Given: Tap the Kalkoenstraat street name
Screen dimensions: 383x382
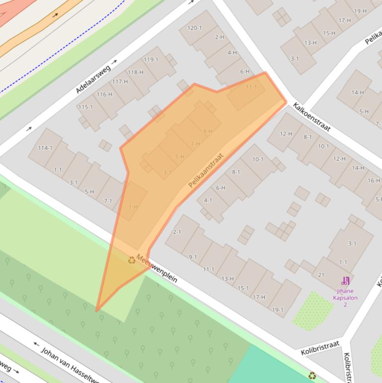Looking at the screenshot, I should coord(311,117).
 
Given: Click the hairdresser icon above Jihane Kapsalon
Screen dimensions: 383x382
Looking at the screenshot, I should coord(345,282).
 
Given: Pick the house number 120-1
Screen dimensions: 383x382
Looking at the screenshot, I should coord(195,28).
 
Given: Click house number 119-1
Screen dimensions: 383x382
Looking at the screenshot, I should coord(151,60).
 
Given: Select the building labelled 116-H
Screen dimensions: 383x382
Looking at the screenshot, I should coord(104,94).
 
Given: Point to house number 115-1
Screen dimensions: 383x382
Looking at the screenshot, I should coord(85,107).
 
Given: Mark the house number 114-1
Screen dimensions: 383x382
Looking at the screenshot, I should coord(45,148).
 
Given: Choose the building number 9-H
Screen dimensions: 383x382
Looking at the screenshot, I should coord(208,131).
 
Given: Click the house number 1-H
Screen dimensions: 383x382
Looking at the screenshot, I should coord(133,207).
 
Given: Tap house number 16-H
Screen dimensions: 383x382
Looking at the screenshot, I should coord(374,181).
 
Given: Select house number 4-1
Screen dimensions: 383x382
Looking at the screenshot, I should coord(208,200).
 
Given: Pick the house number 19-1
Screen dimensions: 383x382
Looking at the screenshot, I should coord(278,310).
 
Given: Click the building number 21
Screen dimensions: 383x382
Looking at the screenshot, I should coord(321,275).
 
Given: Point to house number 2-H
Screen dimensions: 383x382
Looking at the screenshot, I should coord(219,37).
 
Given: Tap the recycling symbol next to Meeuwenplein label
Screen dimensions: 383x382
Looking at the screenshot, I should coord(132,260).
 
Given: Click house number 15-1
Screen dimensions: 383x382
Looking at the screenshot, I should coord(243,288).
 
